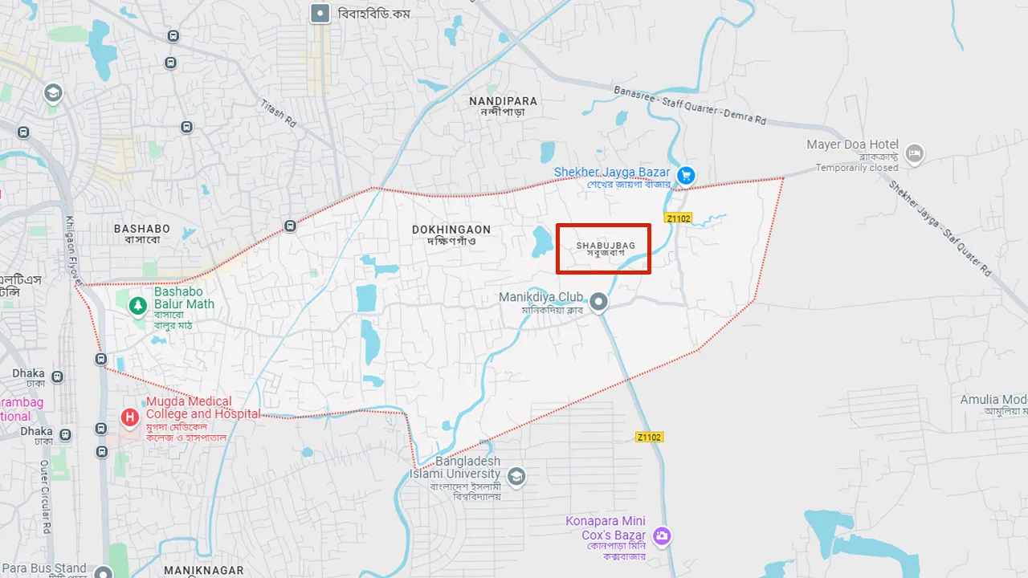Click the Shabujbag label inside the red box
pos(606,248)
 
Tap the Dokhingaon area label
pos(451,234)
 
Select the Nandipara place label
pos(503,106)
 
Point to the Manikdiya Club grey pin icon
pos(598,302)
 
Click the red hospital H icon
pos(129,417)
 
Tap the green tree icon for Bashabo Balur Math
pos(139,305)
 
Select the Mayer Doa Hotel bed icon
pos(914,153)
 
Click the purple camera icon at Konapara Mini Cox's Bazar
pos(661,535)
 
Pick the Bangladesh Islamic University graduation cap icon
pos(516,477)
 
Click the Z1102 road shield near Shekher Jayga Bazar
pos(678,218)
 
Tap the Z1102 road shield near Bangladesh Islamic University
pos(649,437)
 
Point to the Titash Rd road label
pos(279,114)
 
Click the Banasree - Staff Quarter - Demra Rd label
pos(689,105)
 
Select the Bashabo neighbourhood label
pos(142,234)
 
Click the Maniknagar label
pos(203,570)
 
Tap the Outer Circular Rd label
pos(46,497)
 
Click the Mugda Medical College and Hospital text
pos(202,407)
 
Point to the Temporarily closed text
pos(857,168)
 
